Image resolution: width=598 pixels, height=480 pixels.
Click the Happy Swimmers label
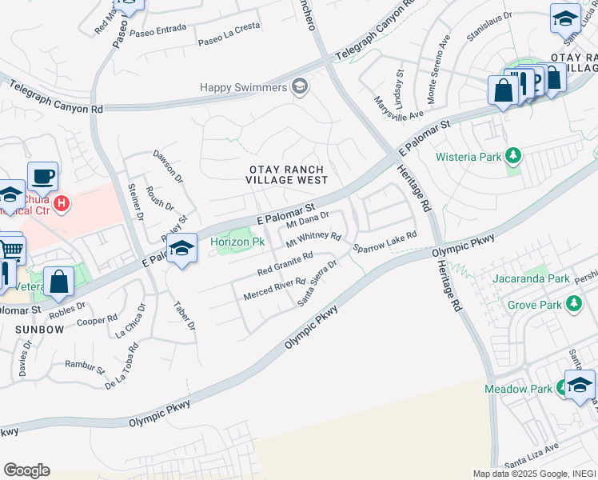[x=243, y=86]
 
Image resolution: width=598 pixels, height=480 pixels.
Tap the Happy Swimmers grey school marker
[x=300, y=86]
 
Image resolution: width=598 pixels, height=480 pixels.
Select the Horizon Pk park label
[x=237, y=242]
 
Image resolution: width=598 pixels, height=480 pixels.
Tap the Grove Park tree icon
[x=572, y=304]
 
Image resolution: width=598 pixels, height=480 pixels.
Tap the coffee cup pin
[x=42, y=175]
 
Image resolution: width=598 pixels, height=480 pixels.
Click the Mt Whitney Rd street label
[x=313, y=238]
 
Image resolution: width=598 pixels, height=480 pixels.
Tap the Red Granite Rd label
[x=285, y=264]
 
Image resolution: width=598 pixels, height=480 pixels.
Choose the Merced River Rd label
[x=274, y=289]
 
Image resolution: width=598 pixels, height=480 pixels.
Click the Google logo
[x=26, y=470]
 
